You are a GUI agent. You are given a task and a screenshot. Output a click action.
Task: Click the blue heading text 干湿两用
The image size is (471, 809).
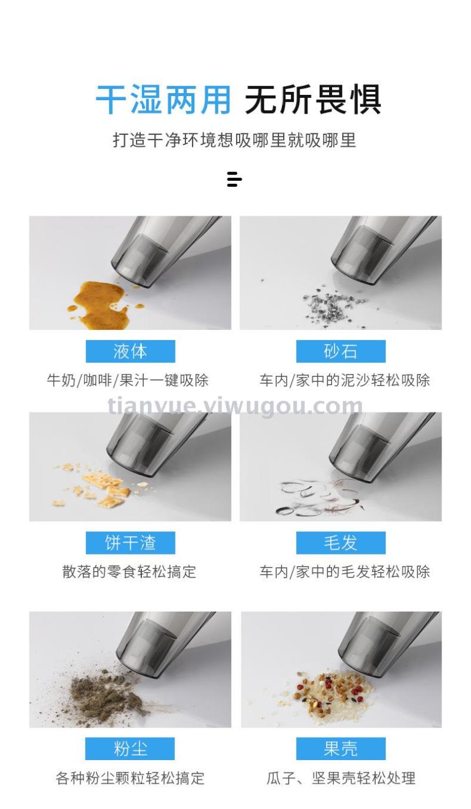tap(163, 100)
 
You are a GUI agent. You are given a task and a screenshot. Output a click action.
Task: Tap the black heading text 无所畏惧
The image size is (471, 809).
tap(313, 100)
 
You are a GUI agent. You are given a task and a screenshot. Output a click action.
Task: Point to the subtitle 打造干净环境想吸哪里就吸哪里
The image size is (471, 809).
tap(234, 140)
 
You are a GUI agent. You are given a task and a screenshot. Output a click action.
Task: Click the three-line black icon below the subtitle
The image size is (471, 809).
tap(234, 180)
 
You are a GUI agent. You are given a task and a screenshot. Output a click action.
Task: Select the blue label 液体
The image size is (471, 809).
tap(130, 351)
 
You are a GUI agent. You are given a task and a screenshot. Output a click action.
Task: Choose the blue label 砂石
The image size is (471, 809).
tap(341, 351)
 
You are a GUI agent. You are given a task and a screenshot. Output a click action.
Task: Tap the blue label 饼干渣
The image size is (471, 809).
tap(130, 543)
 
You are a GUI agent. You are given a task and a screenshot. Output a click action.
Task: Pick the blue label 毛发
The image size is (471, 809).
tap(341, 543)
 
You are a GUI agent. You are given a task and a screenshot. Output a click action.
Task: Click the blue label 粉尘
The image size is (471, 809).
tap(130, 748)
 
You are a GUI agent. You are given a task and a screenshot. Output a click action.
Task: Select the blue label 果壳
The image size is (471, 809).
tap(341, 748)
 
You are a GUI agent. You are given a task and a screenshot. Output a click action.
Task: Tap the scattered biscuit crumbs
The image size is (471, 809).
tap(103, 486)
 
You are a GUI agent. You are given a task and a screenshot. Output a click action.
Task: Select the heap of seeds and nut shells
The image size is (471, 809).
tap(330, 692)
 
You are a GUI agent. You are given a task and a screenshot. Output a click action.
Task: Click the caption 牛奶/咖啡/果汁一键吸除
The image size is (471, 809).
tap(128, 380)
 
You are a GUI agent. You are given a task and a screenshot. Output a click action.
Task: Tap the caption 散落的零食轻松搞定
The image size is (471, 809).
tap(129, 572)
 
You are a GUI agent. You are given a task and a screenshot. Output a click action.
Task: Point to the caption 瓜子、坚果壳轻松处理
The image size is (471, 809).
tap(341, 778)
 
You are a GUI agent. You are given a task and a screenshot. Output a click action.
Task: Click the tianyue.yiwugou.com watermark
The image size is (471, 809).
tap(235, 406)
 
